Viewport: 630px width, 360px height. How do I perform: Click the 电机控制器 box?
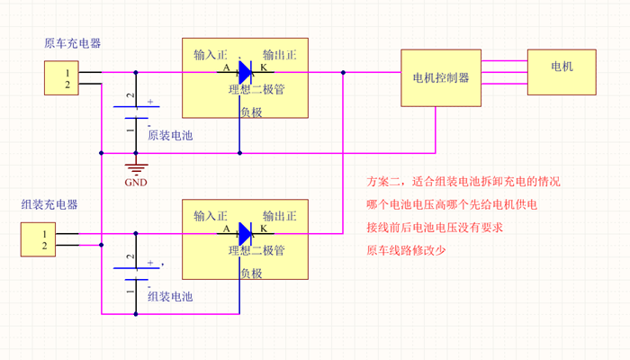click(x=439, y=77)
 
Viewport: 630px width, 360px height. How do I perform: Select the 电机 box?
click(x=561, y=67)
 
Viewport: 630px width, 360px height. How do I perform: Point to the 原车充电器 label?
click(x=72, y=43)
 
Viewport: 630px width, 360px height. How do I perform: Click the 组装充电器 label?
click(x=49, y=205)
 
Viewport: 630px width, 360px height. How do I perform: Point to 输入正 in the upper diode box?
click(x=211, y=55)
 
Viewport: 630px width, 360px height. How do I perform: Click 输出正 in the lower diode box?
click(x=280, y=217)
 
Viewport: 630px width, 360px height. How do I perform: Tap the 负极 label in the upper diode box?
click(x=252, y=112)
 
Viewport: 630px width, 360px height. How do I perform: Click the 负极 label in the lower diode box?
click(x=252, y=274)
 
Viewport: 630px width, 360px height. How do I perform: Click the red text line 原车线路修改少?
click(x=406, y=250)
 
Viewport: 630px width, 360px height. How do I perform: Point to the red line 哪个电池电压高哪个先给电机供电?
click(x=452, y=204)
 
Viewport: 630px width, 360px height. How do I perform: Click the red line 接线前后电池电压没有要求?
click(x=435, y=228)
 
